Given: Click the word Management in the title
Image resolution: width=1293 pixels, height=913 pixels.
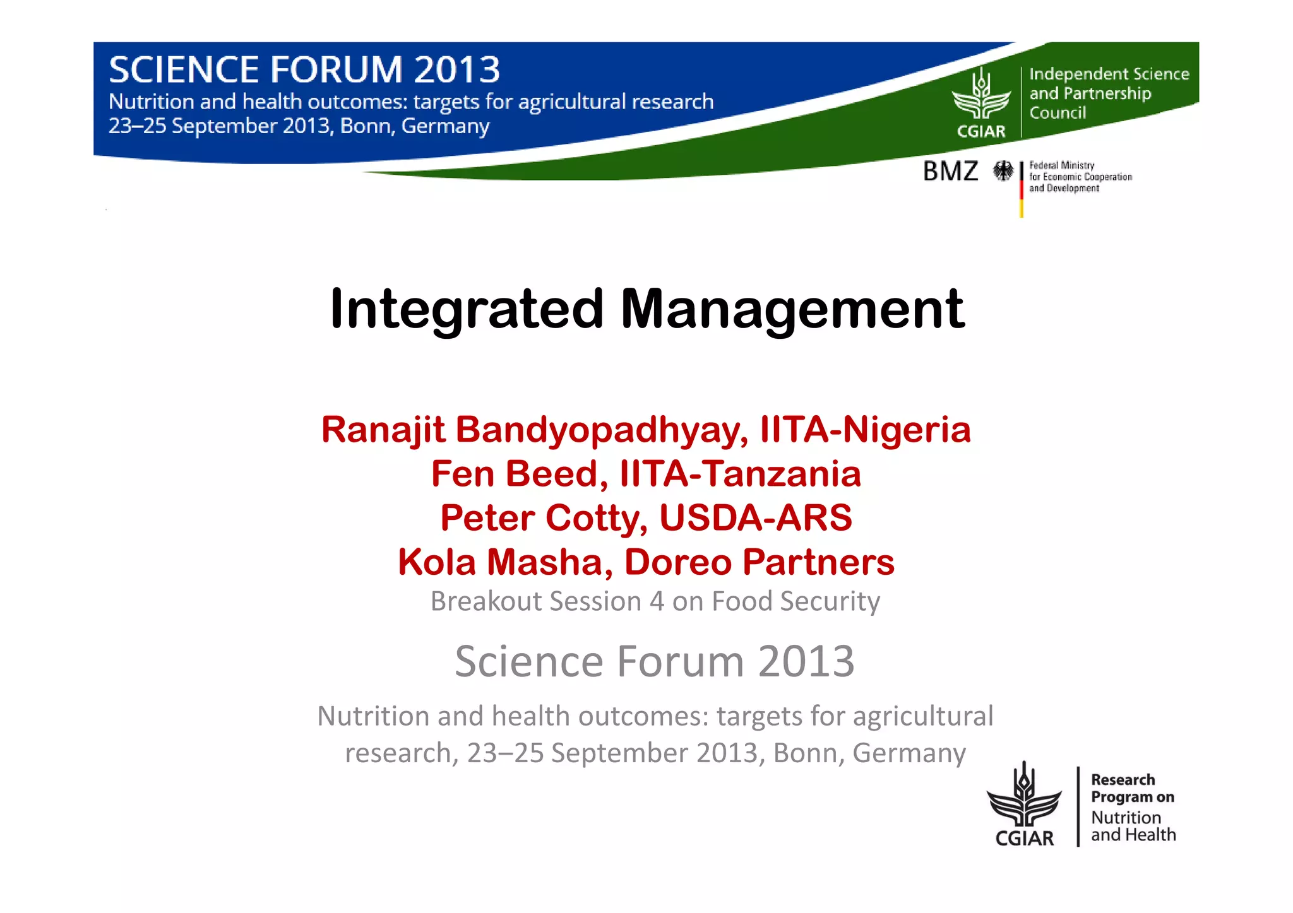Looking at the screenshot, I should [x=792, y=309].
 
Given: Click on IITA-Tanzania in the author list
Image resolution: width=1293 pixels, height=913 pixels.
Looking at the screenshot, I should [x=740, y=474].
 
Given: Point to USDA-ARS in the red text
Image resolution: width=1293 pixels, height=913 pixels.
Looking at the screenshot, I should [x=755, y=518].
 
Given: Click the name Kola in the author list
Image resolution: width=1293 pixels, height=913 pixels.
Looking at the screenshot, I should [x=436, y=562].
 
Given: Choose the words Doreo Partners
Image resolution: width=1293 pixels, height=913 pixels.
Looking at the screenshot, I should [x=759, y=562].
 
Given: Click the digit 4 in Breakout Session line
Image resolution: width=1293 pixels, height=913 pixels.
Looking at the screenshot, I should [x=657, y=601].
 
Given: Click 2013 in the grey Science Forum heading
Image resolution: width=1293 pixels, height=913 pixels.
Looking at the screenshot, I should [x=806, y=662].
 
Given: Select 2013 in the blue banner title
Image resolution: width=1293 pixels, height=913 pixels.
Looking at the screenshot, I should [x=457, y=69].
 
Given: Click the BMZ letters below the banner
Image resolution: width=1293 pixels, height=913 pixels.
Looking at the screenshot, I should [x=950, y=171].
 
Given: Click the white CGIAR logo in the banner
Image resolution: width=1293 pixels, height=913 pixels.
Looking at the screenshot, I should [x=981, y=104].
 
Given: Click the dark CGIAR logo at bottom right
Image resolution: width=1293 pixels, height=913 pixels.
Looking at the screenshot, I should [x=1024, y=804].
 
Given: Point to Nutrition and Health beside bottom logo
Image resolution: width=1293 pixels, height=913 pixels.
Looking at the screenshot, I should [x=1133, y=826].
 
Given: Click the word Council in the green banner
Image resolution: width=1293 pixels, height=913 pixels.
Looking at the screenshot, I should [x=1058, y=113].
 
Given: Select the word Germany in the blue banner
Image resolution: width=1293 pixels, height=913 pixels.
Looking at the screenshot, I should [x=445, y=126].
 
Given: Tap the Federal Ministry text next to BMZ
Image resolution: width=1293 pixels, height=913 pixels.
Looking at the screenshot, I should [x=1061, y=165].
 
